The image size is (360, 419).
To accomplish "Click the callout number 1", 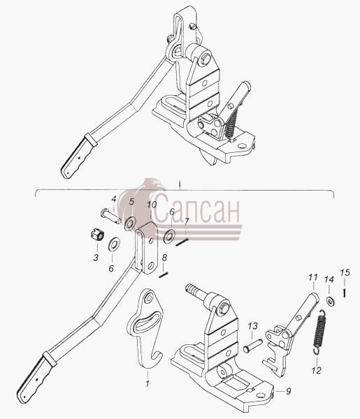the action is click(147, 383).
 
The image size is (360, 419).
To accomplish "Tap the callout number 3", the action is click(96, 258).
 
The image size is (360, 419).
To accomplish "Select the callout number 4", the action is click(114, 199).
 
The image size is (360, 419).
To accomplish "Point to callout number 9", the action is click(288, 392).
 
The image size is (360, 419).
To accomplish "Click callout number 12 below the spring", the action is click(316, 370).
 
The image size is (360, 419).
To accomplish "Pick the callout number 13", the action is click(253, 325).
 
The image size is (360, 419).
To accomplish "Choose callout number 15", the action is click(345, 273).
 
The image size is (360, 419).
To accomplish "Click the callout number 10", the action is click(152, 205).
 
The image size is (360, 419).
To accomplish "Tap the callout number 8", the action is click(164, 258).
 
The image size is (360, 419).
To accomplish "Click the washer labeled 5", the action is click(131, 224).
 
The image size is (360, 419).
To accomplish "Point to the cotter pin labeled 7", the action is click(182, 242).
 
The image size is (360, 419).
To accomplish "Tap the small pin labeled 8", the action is click(163, 274).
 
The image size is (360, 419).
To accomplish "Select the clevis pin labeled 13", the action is click(252, 344).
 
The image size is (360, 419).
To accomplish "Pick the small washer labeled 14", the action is click(331, 301).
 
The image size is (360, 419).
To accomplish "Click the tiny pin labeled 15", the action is click(345, 293).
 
